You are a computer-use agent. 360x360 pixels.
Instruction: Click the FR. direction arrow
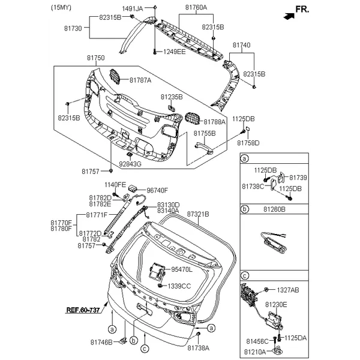pos(289,16)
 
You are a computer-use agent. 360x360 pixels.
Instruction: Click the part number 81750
pos(96,58)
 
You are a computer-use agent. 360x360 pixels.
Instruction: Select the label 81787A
pos(140,80)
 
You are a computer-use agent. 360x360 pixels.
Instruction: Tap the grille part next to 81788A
pos(193,119)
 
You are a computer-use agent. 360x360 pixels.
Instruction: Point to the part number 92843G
pos(130,164)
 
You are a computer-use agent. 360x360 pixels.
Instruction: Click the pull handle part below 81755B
pos(204,148)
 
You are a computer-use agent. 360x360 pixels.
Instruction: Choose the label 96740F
pos(157,190)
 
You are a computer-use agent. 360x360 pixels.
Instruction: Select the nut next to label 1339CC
pos(160,286)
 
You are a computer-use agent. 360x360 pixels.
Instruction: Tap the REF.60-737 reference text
pos(83,310)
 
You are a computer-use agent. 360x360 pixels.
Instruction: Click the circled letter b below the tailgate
pos(134,340)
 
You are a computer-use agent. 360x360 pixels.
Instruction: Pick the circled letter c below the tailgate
pos(145,349)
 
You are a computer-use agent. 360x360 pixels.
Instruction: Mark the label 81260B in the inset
pos(274,209)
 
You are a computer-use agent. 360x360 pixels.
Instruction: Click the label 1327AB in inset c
pos(288,290)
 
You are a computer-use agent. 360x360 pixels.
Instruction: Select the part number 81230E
pos(276,305)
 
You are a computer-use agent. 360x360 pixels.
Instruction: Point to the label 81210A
pos(255,352)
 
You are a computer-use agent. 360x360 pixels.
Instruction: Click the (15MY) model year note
pos(61,8)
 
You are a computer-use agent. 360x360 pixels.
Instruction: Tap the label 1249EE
pos(174,52)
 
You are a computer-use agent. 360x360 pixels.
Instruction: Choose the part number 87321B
pos(198,214)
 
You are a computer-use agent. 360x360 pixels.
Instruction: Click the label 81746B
pos(101,343)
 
